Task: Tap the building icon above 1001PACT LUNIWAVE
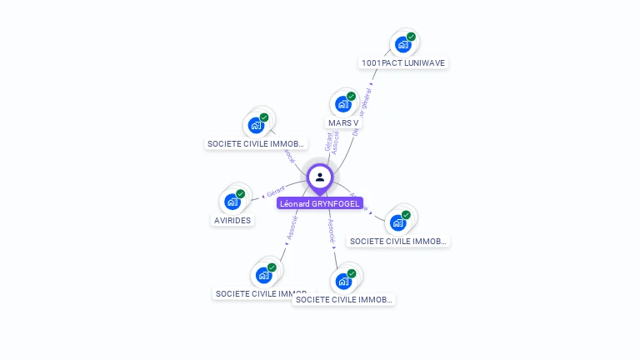click(x=403, y=44)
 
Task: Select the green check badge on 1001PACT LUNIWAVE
click(x=411, y=37)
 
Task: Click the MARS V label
click(x=343, y=122)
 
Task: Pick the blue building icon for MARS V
click(x=342, y=104)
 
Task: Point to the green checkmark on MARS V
click(x=351, y=97)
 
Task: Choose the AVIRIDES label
click(x=232, y=221)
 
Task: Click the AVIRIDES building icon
click(x=232, y=201)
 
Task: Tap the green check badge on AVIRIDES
click(x=240, y=194)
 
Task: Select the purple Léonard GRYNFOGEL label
click(x=320, y=203)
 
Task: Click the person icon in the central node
click(x=320, y=177)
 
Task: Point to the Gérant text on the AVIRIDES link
click(x=276, y=189)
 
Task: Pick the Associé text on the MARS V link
click(x=336, y=142)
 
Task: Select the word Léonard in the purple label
click(x=295, y=203)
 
